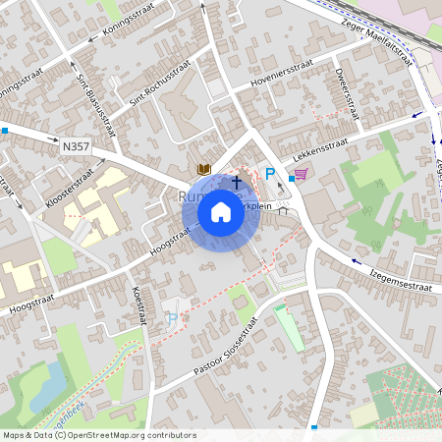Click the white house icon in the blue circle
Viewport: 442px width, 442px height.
coord(221,211)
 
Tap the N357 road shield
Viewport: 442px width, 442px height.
coord(76,145)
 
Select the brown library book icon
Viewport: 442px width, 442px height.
coord(204,170)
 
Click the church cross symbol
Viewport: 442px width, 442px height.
coord(236,182)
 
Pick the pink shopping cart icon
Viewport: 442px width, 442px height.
coord(301,174)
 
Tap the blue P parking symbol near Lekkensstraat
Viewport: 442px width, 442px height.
coord(270,174)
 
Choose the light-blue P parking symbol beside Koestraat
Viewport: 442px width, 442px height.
coord(173,319)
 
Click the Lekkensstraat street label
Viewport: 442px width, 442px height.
coord(317,152)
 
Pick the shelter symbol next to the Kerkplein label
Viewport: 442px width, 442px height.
coord(284,209)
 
